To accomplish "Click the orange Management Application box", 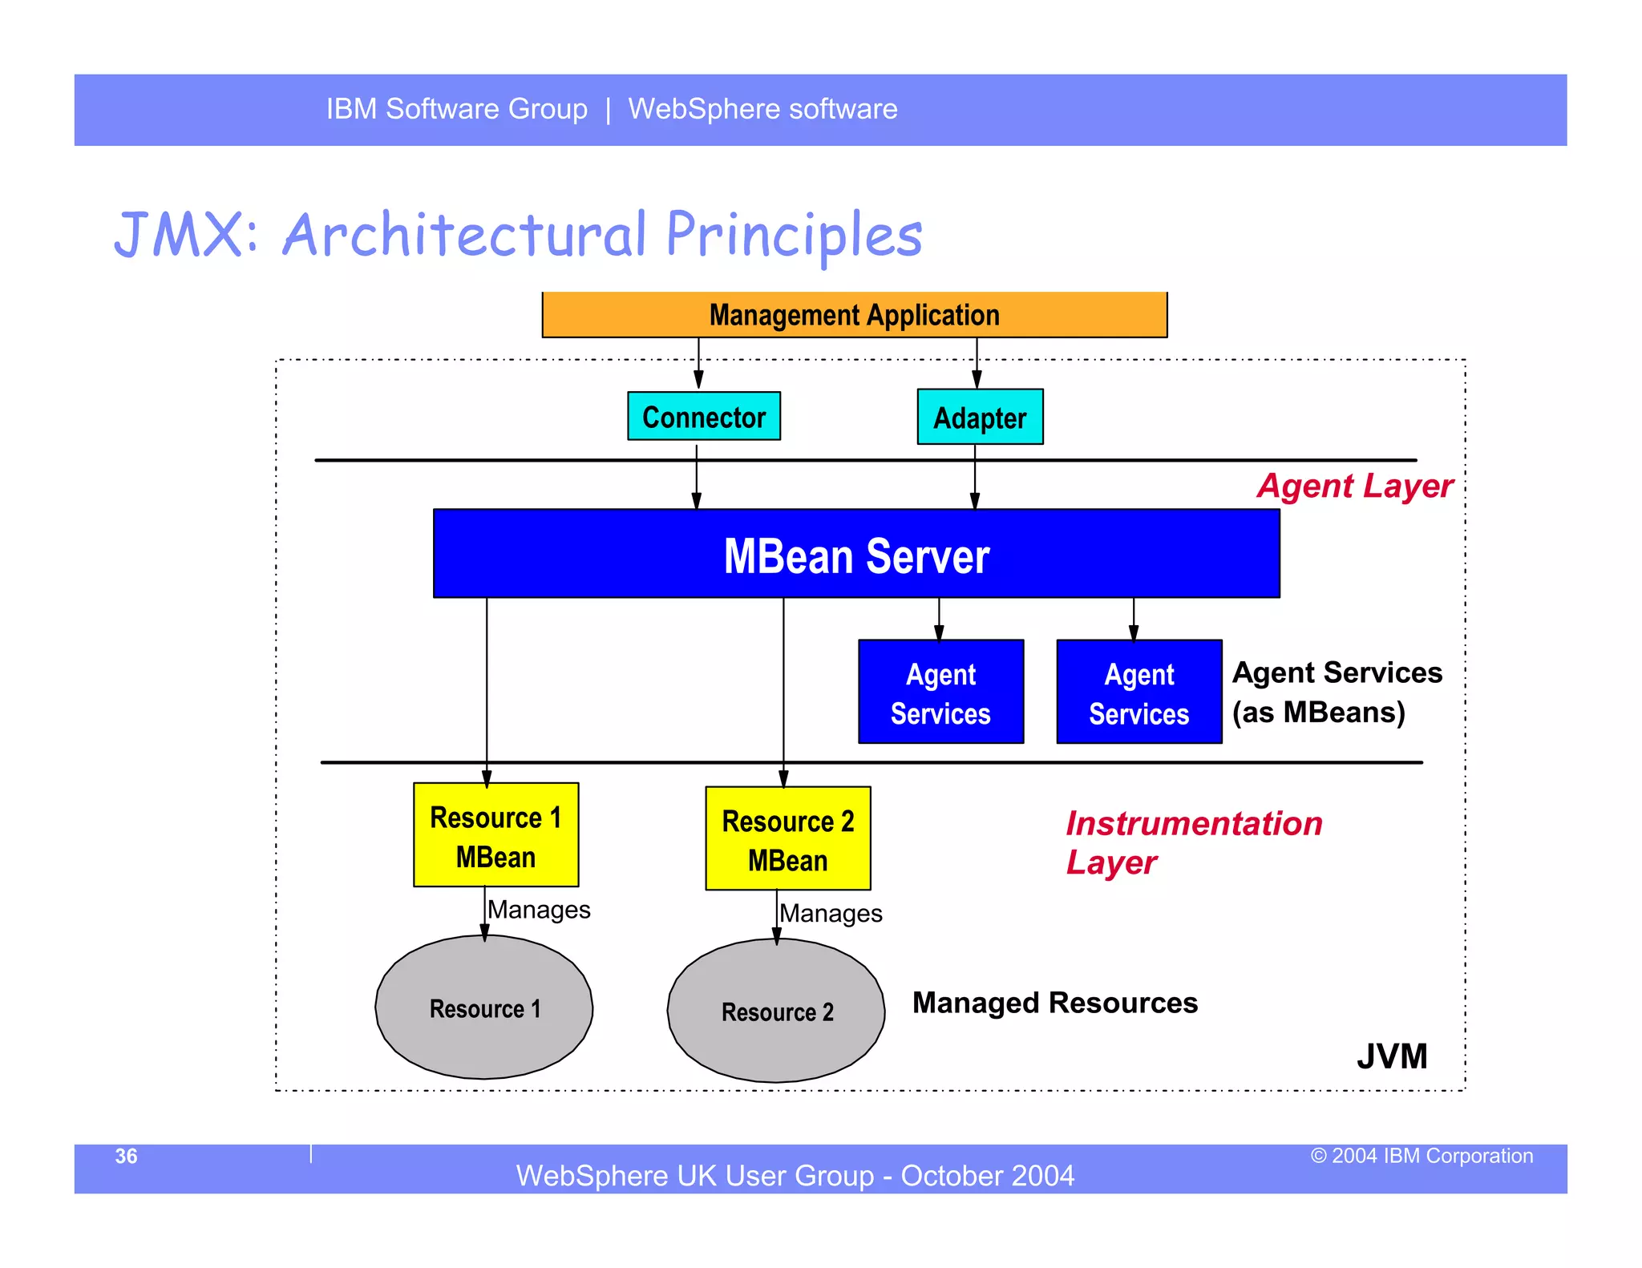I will tap(854, 315).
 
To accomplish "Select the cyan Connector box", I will tap(703, 416).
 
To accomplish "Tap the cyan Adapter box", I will tap(979, 418).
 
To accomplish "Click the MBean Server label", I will tap(855, 556).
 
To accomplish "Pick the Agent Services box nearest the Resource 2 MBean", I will tap(940, 693).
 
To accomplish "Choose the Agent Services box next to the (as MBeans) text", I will tap(1138, 693).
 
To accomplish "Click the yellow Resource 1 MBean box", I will tap(495, 835).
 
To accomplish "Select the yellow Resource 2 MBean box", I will tap(787, 839).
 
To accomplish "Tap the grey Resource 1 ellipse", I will tap(484, 1008).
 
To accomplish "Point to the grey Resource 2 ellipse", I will tap(776, 1012).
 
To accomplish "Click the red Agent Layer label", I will tap(1354, 487).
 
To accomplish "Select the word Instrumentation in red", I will tap(1193, 824).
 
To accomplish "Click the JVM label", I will tap(1392, 1056).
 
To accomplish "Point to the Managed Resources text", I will tap(1054, 1003).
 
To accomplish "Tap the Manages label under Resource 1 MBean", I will tap(539, 910).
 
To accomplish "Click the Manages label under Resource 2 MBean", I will tap(831, 914).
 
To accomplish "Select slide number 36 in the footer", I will tap(126, 1156).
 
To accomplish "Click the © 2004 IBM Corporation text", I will tap(1422, 1156).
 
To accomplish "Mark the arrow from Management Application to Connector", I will tap(698, 363).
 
